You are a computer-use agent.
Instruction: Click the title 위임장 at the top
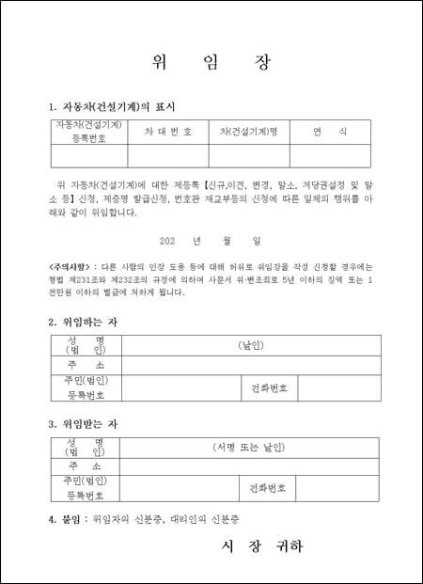click(211, 63)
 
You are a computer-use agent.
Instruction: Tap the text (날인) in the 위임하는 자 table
click(250, 345)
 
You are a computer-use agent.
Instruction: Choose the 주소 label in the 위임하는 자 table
click(86, 365)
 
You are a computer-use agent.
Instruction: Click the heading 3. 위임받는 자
click(84, 424)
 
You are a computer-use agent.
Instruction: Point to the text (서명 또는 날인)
click(250, 448)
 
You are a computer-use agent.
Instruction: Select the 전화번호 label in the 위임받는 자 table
click(270, 489)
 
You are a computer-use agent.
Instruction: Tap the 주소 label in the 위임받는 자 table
click(86, 466)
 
